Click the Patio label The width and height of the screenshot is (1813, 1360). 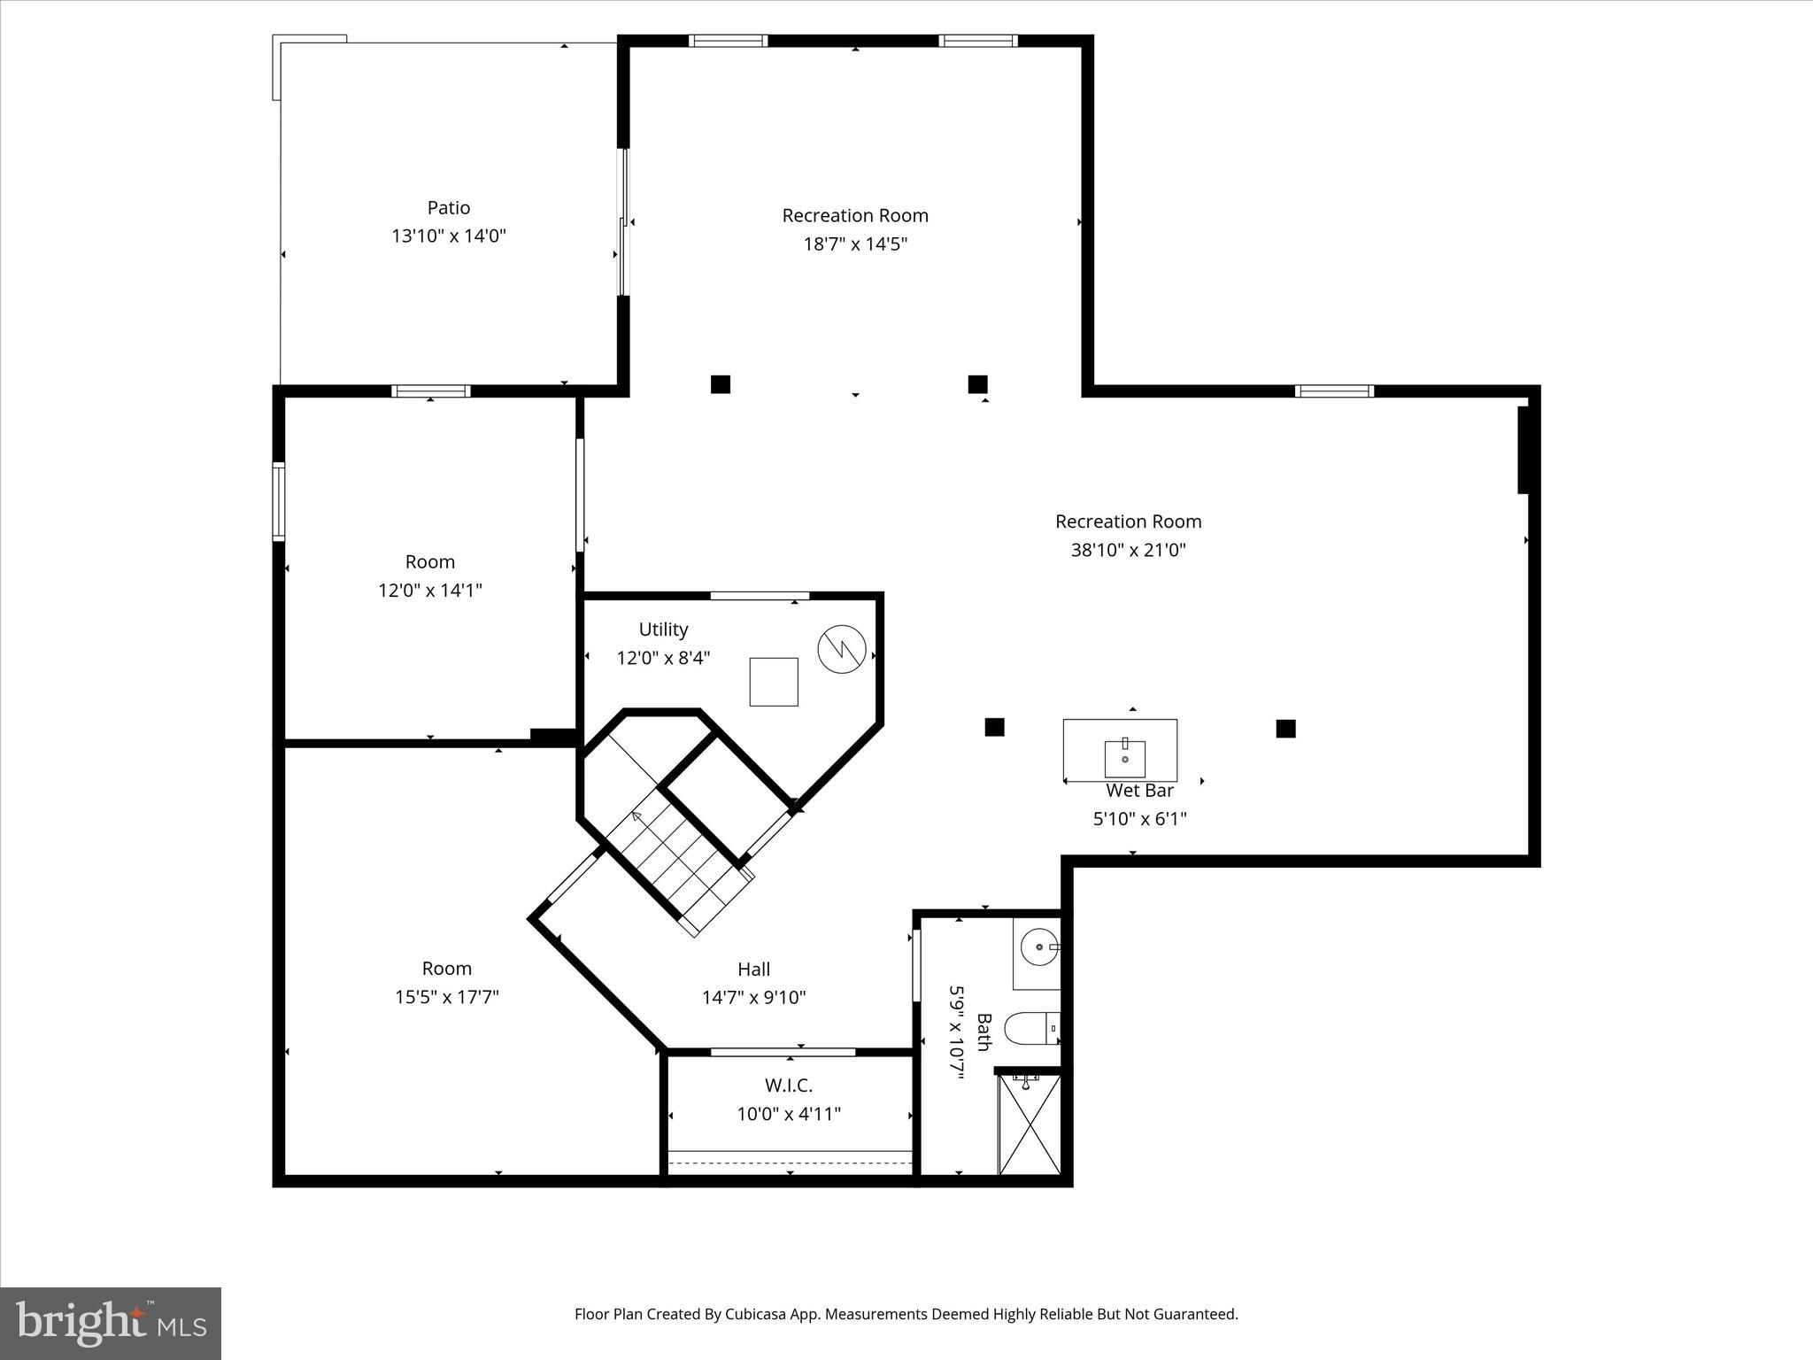point(448,207)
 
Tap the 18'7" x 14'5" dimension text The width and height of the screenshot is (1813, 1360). point(855,243)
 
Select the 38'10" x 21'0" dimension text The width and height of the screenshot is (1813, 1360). point(1128,550)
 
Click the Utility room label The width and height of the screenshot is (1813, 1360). point(663,630)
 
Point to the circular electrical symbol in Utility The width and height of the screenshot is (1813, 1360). point(839,649)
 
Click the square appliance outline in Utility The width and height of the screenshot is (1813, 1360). point(774,682)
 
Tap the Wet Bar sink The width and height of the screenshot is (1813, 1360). point(1125,758)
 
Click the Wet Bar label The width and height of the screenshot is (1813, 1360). point(1140,791)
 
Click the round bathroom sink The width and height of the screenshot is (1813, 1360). point(1037,947)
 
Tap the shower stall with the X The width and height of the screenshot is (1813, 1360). point(1029,1124)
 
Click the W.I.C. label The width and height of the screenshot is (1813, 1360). point(788,1086)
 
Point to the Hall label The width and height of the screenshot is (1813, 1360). point(753,970)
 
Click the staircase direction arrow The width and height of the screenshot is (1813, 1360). point(636,815)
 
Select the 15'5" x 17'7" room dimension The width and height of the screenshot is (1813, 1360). point(447,997)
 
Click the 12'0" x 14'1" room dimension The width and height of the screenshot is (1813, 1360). point(430,590)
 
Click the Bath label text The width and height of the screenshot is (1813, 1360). point(984,1032)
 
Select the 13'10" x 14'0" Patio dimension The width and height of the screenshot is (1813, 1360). point(448,236)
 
